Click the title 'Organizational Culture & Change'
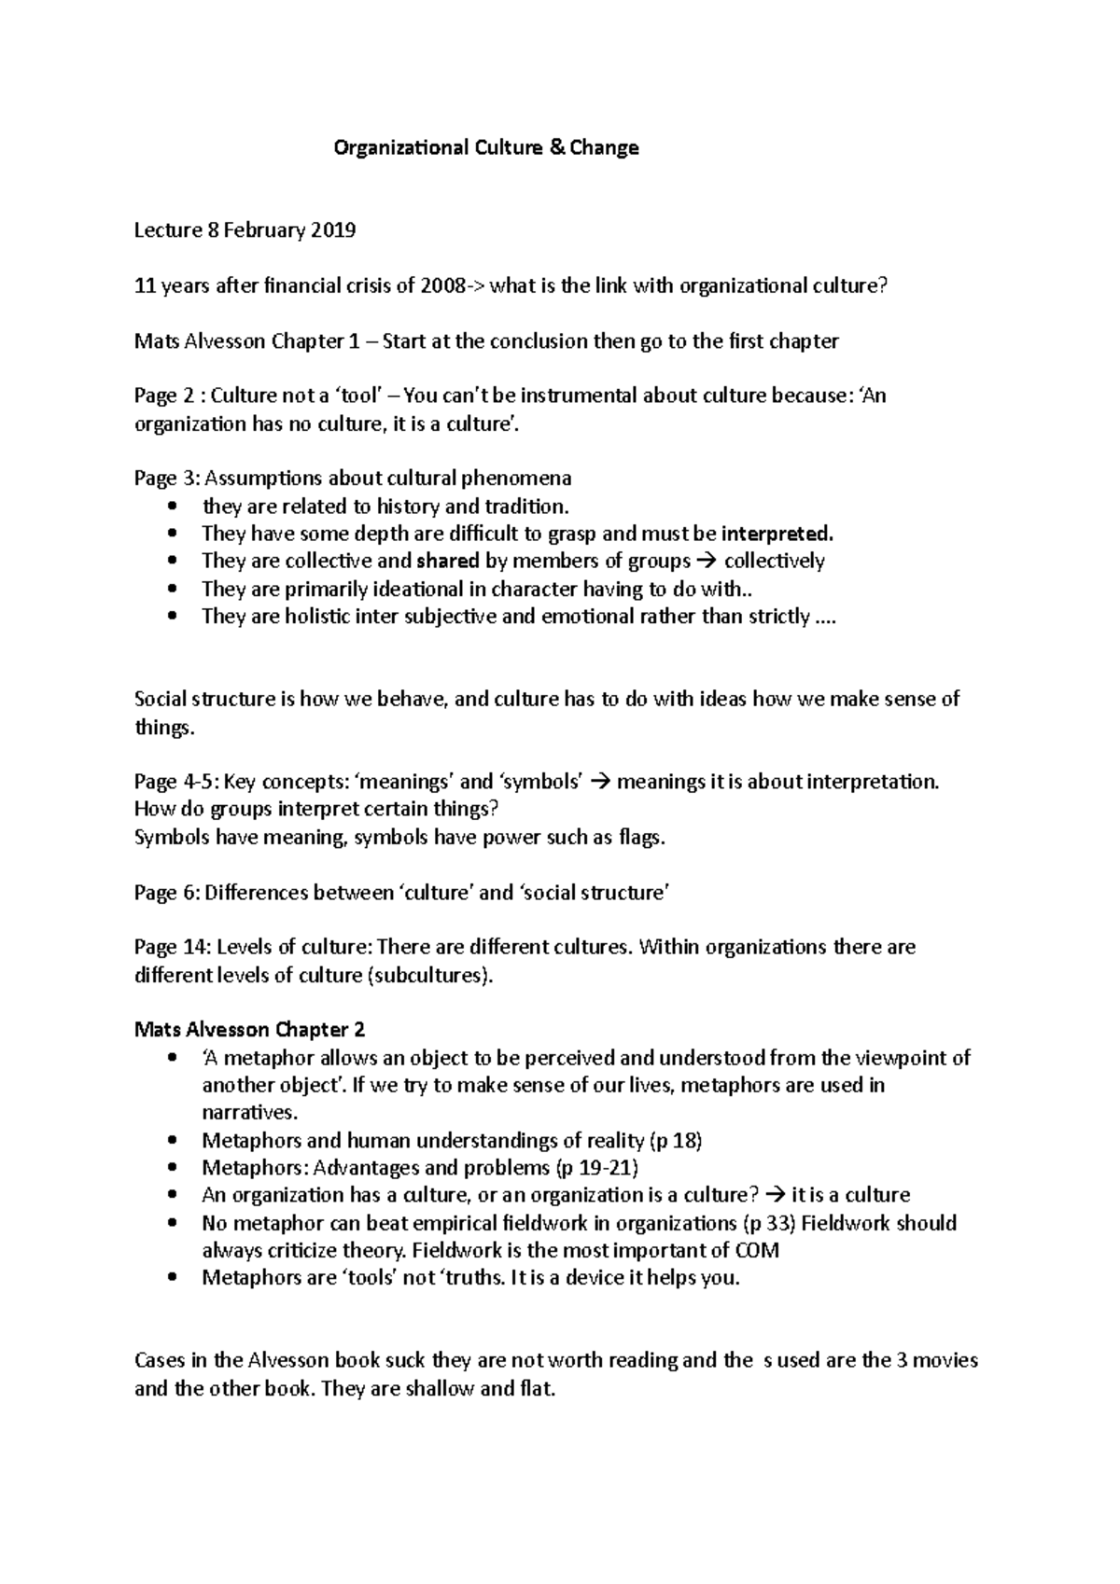tap(486, 147)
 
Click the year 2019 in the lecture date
tap(333, 230)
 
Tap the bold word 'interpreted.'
tap(777, 534)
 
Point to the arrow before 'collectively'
tap(707, 561)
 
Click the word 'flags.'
tap(642, 837)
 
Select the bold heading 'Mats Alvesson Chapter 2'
tap(249, 1030)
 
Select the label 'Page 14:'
tap(173, 947)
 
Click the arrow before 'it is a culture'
tap(774, 1195)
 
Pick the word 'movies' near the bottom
tap(945, 1360)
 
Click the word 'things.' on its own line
tap(165, 727)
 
